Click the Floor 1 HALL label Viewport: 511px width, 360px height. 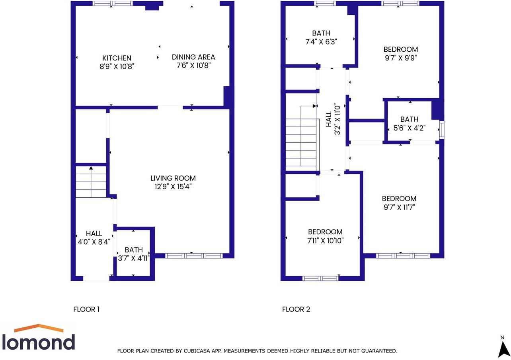(94, 234)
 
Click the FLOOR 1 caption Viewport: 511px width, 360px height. (86, 309)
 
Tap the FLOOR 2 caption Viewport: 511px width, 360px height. (296, 309)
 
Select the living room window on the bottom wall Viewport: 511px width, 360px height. (193, 256)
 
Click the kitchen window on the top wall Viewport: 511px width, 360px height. (113, 3)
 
